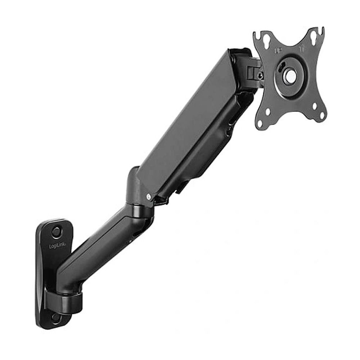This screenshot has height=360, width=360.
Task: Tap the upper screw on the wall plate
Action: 56,231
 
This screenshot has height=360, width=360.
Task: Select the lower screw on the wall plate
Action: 55,317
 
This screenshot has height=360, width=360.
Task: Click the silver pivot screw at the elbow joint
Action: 149,196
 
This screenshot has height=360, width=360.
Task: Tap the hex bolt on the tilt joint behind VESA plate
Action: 260,75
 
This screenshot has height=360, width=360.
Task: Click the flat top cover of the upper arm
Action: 187,119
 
